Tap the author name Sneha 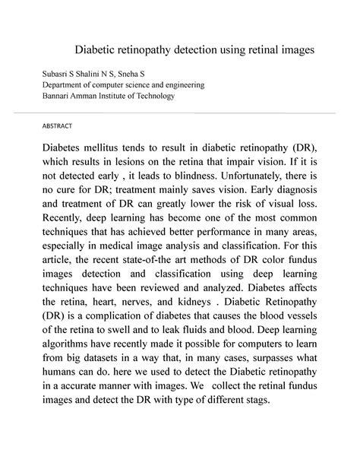[x=133, y=74]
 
